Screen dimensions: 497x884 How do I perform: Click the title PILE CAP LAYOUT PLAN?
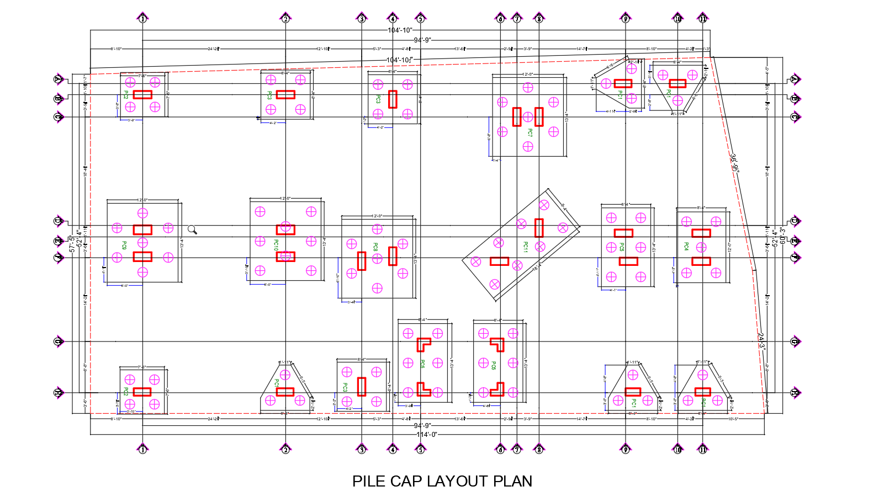(442, 481)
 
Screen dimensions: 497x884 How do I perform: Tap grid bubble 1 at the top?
(142, 19)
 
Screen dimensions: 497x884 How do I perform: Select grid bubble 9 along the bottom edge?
(625, 449)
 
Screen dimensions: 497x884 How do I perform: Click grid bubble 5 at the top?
(420, 19)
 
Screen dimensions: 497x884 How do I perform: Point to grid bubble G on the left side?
(59, 341)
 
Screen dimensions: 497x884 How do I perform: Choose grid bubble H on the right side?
(795, 393)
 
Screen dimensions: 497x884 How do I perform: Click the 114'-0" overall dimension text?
(427, 435)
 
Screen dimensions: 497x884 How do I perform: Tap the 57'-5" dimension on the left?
(72, 244)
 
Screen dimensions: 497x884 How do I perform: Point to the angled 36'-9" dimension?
(734, 163)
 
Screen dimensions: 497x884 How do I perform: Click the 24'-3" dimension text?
(762, 341)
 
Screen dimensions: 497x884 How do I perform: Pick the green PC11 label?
(526, 247)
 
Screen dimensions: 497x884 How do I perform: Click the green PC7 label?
(530, 133)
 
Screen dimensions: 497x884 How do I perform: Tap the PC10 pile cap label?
(276, 245)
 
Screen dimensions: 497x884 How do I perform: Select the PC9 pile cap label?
(124, 245)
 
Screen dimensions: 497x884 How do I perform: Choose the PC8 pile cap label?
(375, 247)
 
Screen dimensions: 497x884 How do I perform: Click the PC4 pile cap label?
(686, 246)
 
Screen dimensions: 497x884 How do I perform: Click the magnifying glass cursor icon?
(192, 229)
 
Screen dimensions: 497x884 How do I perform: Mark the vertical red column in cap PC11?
(539, 227)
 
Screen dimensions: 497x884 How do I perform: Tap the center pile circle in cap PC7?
(528, 117)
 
